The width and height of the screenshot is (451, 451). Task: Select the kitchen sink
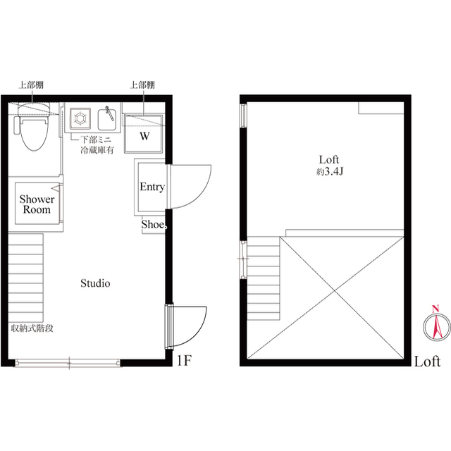[x=109, y=117]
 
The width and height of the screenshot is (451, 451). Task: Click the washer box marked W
[x=144, y=135]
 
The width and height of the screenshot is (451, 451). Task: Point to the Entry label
[x=152, y=187]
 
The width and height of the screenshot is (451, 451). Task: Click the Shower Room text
[x=37, y=204]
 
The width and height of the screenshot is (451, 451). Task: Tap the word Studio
[x=95, y=284]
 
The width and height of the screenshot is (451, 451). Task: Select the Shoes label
[x=154, y=225]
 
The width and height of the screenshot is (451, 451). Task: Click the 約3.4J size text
[x=329, y=171]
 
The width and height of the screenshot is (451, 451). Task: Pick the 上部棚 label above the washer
[x=143, y=85]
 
